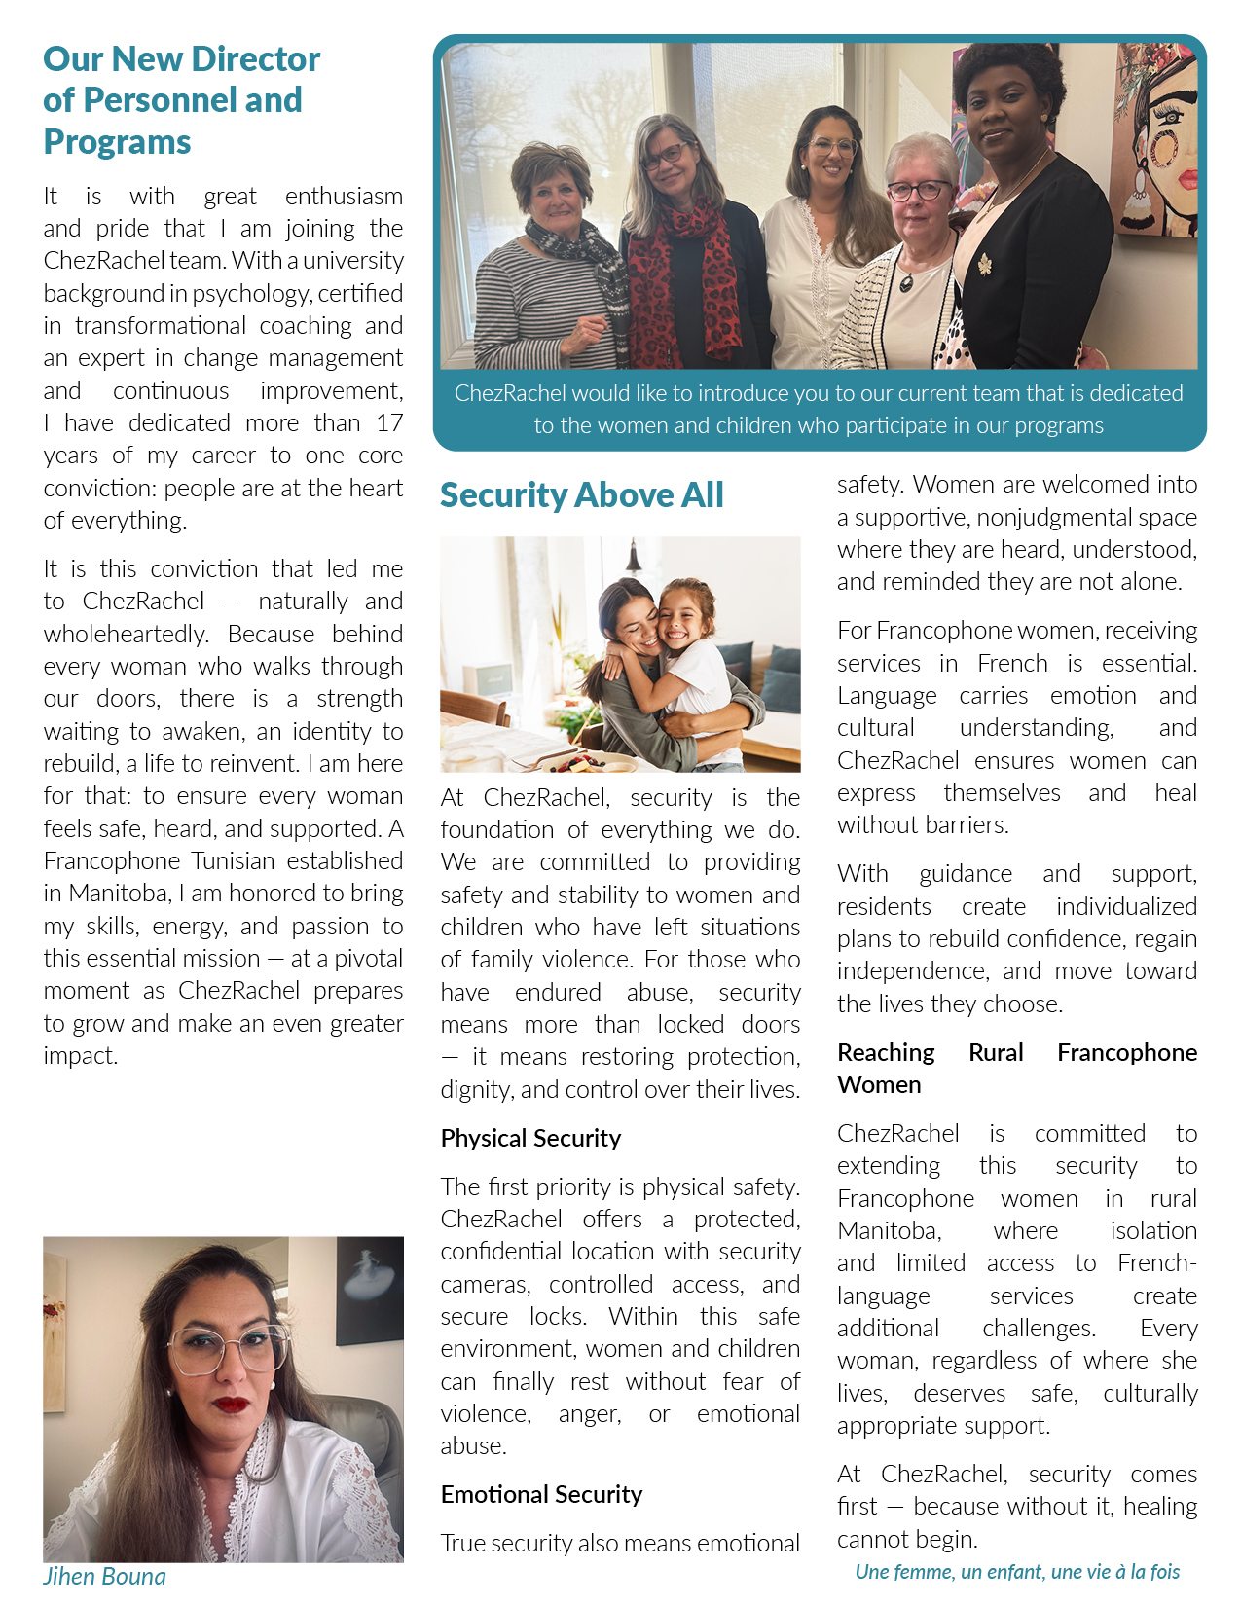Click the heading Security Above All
581,495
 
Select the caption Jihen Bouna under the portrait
104,1576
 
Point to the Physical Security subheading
530,1138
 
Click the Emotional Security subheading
541,1494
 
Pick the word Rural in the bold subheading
996,1052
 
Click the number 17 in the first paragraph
389,423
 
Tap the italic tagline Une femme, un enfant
1017,1571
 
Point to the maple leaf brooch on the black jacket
984,264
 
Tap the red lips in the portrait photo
232,1405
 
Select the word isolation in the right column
1153,1231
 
